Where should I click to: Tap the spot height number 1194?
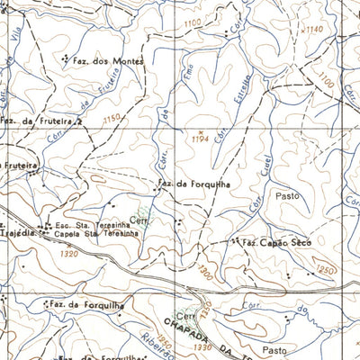point(201,139)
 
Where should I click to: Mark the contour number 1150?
point(111,119)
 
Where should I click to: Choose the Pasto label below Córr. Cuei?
point(286,194)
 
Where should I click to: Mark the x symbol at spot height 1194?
point(202,131)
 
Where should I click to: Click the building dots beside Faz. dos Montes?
point(66,58)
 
